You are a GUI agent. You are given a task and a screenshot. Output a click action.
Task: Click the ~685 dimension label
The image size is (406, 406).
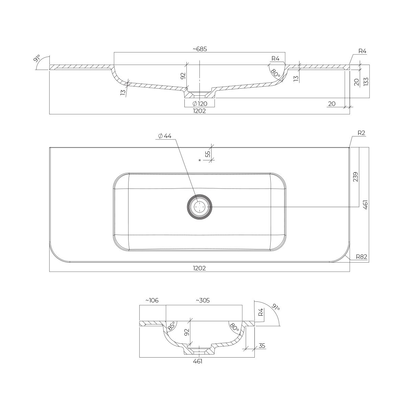pos(200,49)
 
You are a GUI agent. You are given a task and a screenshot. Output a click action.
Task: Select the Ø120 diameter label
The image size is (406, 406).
pos(200,104)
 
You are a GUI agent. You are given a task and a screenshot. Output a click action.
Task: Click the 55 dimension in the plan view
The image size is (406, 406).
pos(208,154)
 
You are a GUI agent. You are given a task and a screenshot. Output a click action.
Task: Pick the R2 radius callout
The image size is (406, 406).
pos(361,133)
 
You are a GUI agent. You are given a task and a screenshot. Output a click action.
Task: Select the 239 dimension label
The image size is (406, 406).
pos(356,177)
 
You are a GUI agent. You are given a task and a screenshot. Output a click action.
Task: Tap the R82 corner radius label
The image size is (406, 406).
pos(362,256)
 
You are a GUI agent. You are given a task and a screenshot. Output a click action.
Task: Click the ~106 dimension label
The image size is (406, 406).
pos(152,300)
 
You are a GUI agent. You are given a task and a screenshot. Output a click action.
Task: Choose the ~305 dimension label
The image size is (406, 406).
pos(203,300)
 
